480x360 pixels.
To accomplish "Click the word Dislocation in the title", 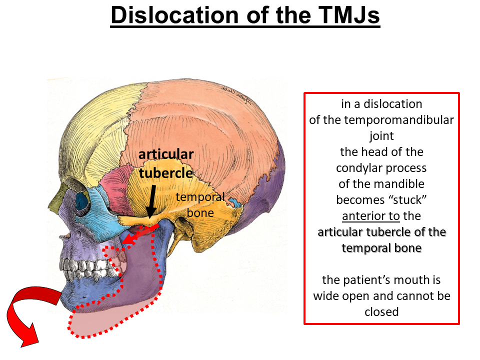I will (x=174, y=16).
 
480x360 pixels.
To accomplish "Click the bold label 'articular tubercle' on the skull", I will (x=166, y=163).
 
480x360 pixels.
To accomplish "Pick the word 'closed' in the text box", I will (x=381, y=312).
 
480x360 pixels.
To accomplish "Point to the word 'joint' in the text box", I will (x=381, y=136).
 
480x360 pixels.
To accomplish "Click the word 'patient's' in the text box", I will (x=373, y=280).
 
